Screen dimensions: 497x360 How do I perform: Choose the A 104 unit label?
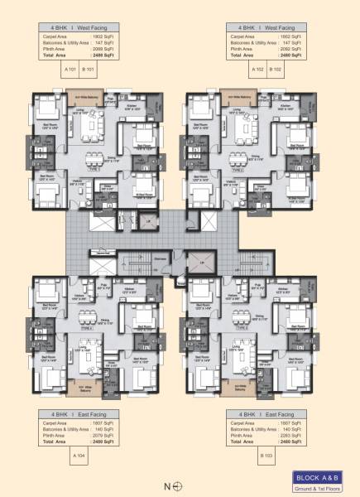(80, 456)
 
